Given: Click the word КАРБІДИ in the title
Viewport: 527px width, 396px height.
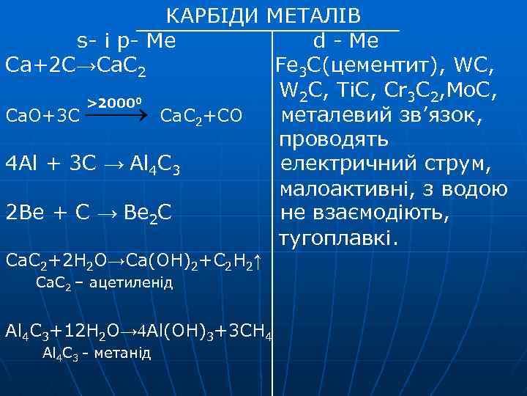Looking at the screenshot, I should coord(213,15).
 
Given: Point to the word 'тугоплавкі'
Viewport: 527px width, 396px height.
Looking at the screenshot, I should coord(336,238).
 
